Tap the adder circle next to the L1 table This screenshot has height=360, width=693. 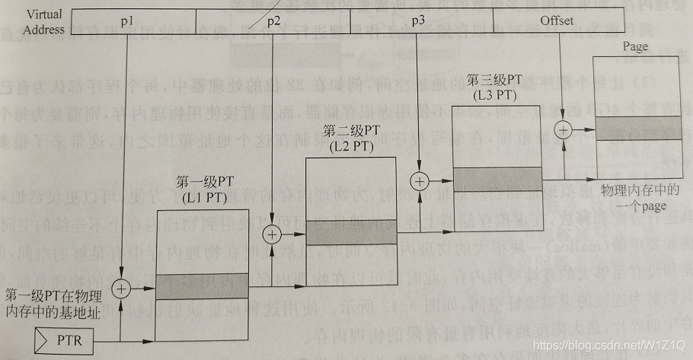click(x=122, y=288)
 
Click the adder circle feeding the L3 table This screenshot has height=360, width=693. click(x=418, y=182)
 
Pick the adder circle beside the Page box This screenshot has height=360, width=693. click(x=563, y=129)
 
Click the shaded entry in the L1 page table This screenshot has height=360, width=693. click(x=203, y=285)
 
